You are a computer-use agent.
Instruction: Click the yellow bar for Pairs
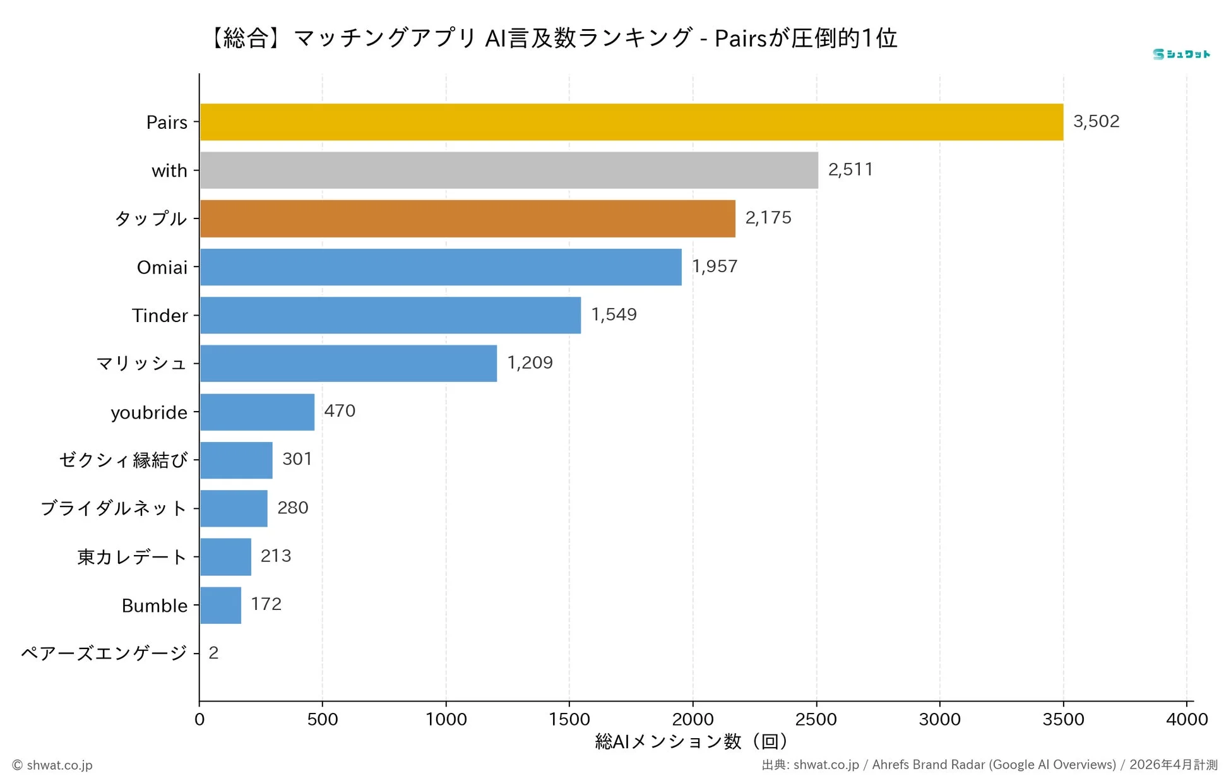point(631,122)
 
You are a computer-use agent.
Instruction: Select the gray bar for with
point(509,170)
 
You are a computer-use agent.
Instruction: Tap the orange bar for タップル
point(467,218)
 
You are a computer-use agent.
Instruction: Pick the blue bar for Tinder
point(390,315)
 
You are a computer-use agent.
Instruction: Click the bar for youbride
point(257,412)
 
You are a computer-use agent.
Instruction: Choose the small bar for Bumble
point(220,605)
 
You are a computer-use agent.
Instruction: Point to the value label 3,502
point(1096,121)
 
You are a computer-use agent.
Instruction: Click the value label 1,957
point(714,266)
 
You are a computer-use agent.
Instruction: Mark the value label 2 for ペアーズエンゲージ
point(213,653)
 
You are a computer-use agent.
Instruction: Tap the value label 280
point(292,508)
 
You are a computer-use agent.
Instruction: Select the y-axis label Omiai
point(162,267)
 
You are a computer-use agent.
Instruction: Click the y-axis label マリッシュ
point(141,364)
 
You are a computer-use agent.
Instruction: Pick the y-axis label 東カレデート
point(132,557)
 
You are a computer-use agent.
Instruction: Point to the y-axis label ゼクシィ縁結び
point(123,460)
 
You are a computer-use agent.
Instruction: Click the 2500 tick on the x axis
point(816,719)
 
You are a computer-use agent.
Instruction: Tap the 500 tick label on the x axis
point(322,719)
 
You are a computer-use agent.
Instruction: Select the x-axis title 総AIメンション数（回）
point(691,741)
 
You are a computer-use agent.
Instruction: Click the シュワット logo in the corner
point(1180,54)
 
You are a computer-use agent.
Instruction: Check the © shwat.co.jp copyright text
point(52,765)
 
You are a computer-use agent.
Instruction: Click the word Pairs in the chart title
point(740,39)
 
